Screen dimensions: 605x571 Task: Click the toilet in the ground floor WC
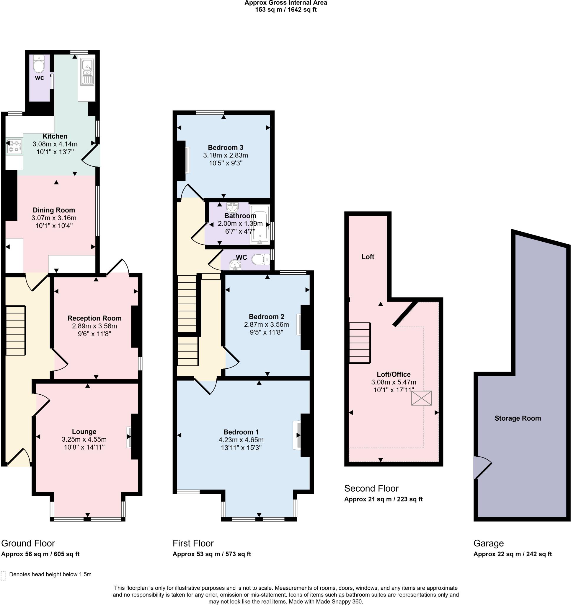(x=39, y=64)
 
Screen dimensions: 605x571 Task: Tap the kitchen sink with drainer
(x=87, y=72)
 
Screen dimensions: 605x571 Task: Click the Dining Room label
(x=54, y=210)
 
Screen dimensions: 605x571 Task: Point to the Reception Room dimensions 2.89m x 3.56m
(x=94, y=326)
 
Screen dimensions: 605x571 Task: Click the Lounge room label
(x=84, y=432)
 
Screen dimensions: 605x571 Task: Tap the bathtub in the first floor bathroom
(x=260, y=225)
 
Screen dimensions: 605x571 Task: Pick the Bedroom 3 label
(x=226, y=147)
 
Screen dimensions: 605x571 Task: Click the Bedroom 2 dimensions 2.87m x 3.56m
(x=266, y=325)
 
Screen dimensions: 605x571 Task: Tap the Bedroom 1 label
(x=241, y=432)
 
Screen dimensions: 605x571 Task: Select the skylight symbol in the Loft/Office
(x=421, y=398)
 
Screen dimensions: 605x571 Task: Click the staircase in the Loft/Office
(x=360, y=343)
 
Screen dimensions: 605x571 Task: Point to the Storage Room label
(x=518, y=418)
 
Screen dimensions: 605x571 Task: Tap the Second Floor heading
(x=371, y=488)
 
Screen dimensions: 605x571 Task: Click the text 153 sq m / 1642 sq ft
(x=285, y=10)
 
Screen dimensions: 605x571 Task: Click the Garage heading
(x=488, y=543)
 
